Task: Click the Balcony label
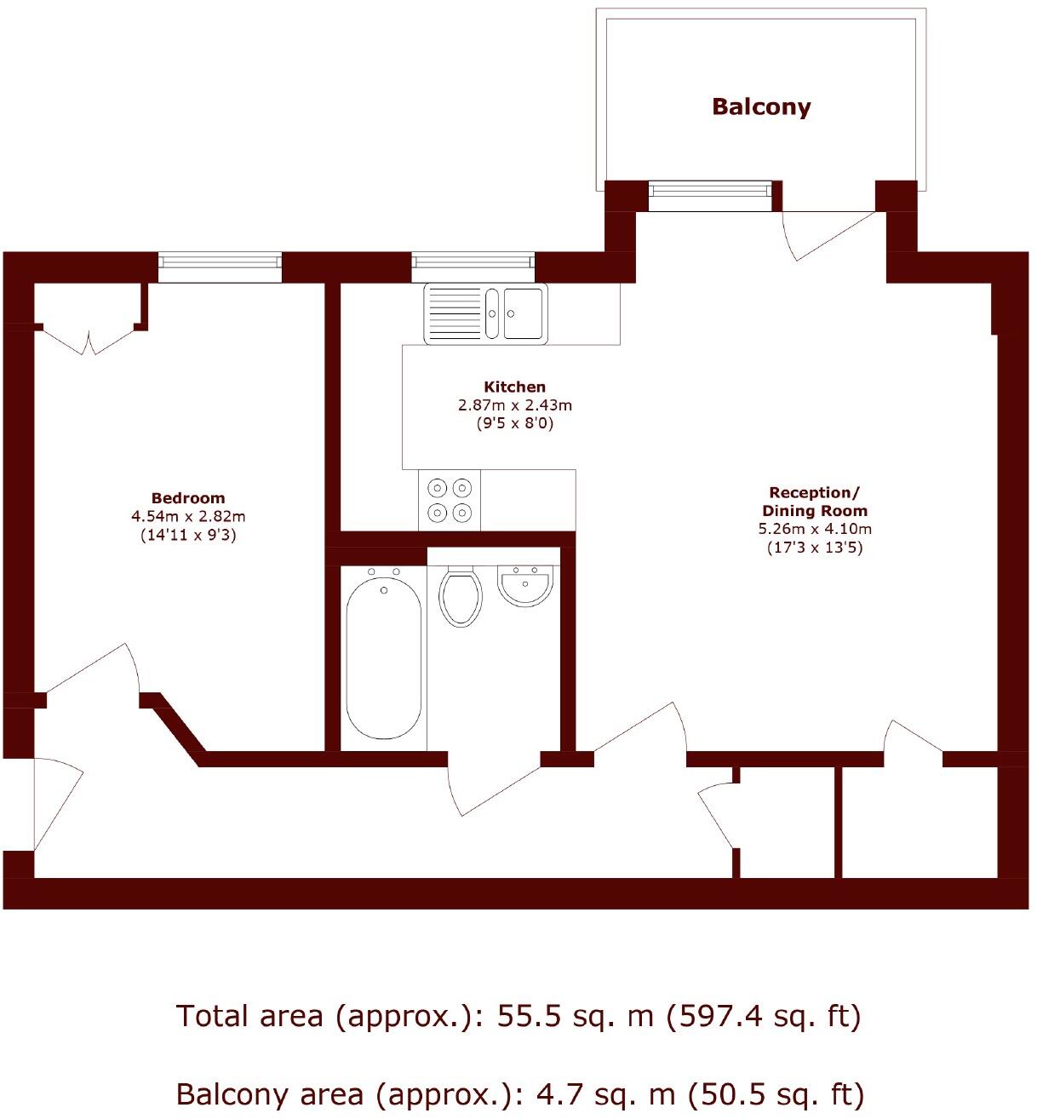pyautogui.click(x=761, y=107)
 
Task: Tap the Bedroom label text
pyautogui.click(x=188, y=498)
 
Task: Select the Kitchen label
pyautogui.click(x=514, y=387)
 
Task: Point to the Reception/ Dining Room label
pyautogui.click(x=814, y=502)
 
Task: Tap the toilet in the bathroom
pyautogui.click(x=461, y=597)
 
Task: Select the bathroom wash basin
pyautogui.click(x=525, y=586)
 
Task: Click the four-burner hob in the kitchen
pyautogui.click(x=450, y=500)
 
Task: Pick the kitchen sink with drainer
pyautogui.click(x=485, y=313)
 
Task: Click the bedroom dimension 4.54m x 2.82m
pyautogui.click(x=188, y=517)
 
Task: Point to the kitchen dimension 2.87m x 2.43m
pyautogui.click(x=514, y=405)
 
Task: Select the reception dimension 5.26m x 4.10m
pyautogui.click(x=815, y=529)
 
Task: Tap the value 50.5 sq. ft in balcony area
pyautogui.click(x=775, y=1093)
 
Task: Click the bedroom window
pyautogui.click(x=220, y=267)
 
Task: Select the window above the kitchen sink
pyautogui.click(x=473, y=267)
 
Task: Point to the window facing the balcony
pyautogui.click(x=710, y=196)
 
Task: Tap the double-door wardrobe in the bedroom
pyautogui.click(x=89, y=336)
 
